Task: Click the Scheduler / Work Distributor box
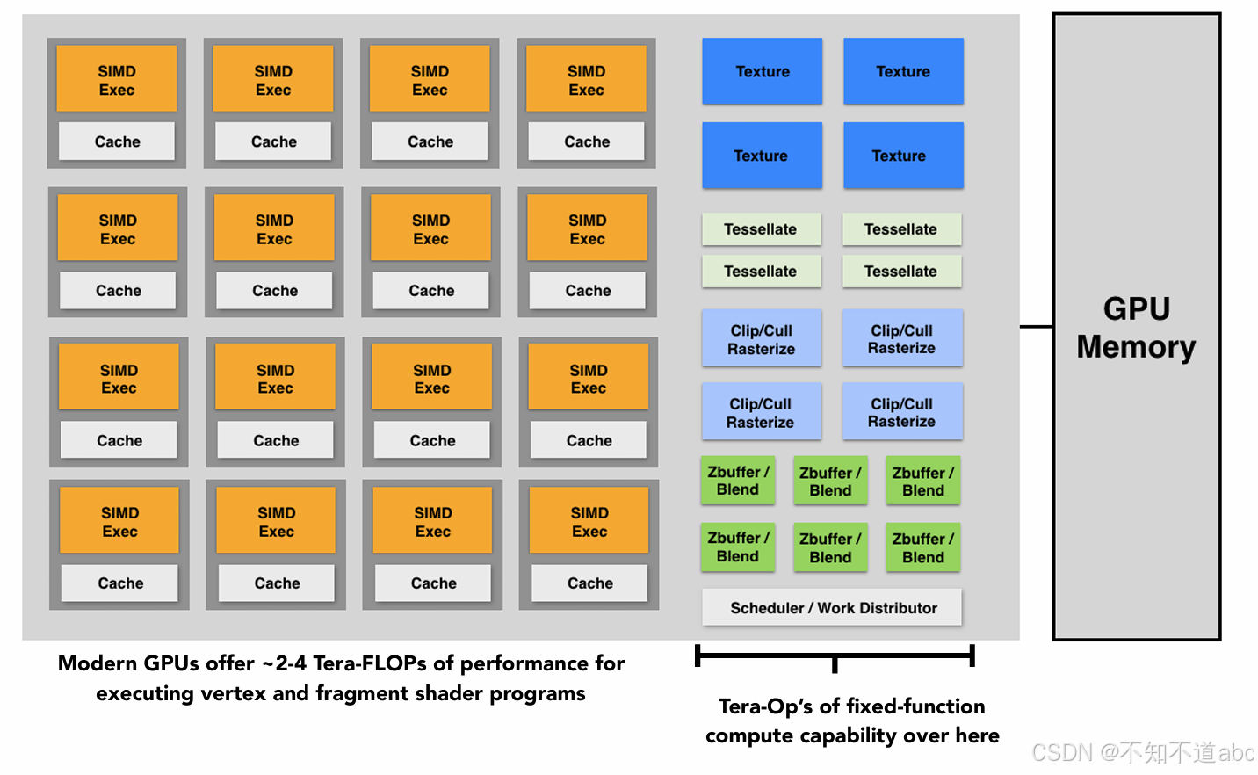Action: [832, 607]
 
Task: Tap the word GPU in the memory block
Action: [1136, 308]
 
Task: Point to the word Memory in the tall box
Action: [1136, 347]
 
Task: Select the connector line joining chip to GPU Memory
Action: [1037, 327]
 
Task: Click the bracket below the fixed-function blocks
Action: [834, 656]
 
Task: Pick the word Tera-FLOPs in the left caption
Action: [377, 663]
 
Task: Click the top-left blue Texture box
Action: [762, 71]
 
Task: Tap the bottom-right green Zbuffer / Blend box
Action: [922, 547]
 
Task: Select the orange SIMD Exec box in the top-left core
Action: [117, 80]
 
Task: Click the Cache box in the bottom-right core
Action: [589, 583]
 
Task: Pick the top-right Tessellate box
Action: [900, 229]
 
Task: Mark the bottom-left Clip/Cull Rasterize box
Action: [761, 412]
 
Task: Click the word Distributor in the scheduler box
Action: [897, 608]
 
